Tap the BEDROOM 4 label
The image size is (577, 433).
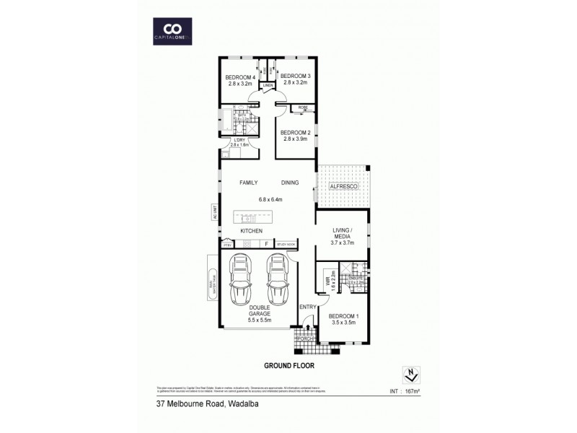[x=241, y=78]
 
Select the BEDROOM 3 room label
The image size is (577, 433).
[x=295, y=76]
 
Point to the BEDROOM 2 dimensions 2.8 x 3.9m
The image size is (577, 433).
[x=294, y=139]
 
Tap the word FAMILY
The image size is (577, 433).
[x=248, y=183]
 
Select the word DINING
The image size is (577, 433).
[x=290, y=183]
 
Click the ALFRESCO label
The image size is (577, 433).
[x=343, y=187]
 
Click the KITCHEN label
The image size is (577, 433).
[x=251, y=231]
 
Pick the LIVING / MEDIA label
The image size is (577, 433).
[x=343, y=235]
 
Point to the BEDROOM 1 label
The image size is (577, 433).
[x=343, y=316]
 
